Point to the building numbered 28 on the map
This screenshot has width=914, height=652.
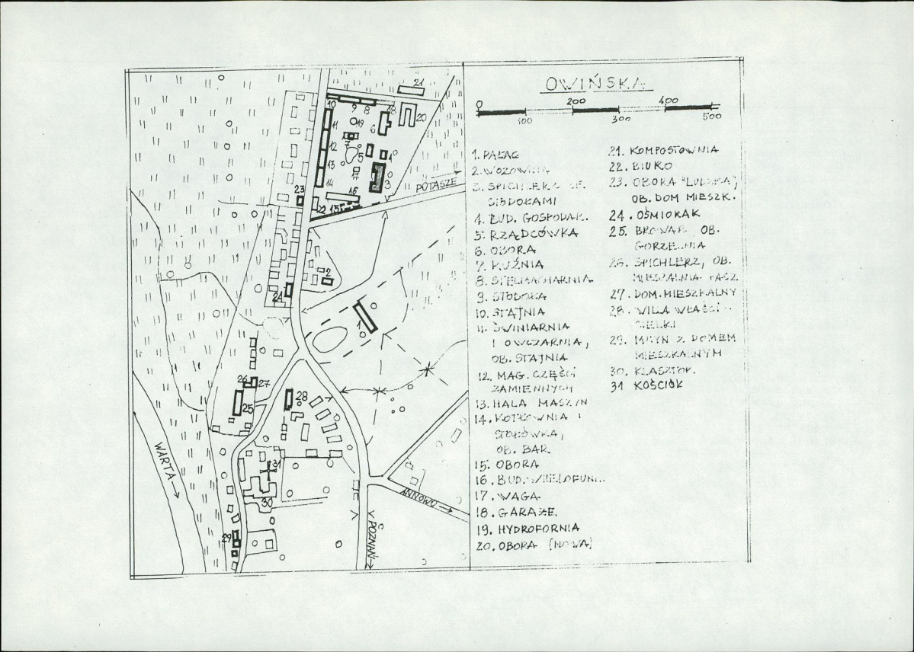tap(290, 398)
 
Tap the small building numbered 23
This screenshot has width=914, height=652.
tap(300, 200)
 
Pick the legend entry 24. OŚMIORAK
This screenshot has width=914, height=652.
tap(656, 215)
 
